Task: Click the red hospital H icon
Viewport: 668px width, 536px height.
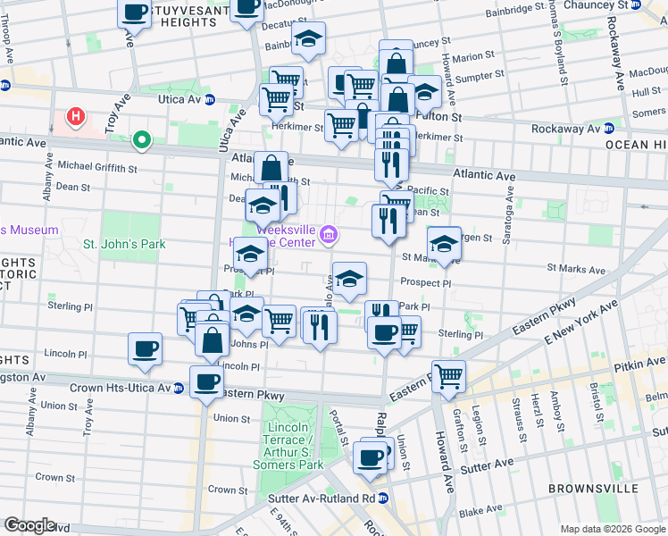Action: coord(76,116)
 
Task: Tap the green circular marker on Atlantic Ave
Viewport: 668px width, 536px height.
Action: coord(140,139)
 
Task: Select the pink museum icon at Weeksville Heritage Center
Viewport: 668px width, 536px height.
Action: coord(330,235)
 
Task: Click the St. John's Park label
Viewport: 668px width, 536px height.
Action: coord(124,244)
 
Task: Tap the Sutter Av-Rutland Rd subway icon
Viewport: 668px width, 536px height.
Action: coord(383,498)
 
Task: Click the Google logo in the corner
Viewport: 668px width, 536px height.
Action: coord(30,524)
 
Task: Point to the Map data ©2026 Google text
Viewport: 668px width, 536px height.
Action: coord(612,529)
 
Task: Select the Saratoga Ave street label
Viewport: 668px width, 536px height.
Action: coord(505,201)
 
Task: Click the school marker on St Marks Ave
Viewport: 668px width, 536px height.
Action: coord(444,242)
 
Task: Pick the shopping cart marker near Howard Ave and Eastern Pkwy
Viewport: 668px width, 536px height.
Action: coord(448,375)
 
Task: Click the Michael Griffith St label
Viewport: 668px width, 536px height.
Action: coord(96,166)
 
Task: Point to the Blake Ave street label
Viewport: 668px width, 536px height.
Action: coord(480,512)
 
